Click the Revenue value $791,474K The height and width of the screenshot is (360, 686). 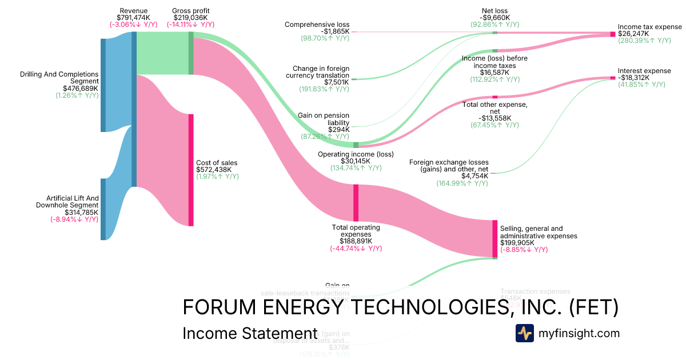[133, 18]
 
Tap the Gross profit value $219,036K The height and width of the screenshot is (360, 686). [191, 18]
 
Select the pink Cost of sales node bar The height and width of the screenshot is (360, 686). [191, 170]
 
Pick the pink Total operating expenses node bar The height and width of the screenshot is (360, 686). [356, 202]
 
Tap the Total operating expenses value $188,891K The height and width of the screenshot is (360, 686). [356, 241]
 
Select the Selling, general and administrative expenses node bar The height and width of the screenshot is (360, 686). [495, 238]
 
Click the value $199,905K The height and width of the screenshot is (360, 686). [517, 243]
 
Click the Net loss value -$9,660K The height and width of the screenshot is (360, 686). [494, 18]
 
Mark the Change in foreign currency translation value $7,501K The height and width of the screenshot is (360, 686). [332, 82]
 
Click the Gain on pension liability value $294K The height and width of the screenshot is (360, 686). [338, 130]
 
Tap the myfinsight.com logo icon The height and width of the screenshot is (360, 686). [525, 333]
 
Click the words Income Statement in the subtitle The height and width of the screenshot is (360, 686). [250, 334]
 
